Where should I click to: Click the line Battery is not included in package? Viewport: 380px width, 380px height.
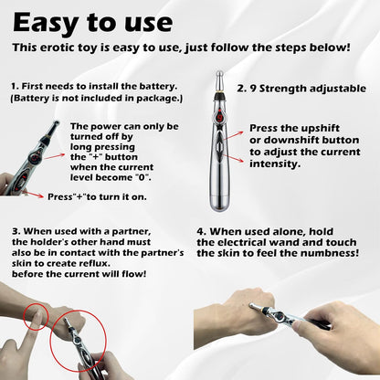point(96,97)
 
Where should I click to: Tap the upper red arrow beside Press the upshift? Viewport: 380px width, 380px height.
point(234,129)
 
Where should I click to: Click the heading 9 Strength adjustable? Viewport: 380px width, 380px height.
point(301,90)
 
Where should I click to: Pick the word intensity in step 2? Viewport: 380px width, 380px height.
point(275,164)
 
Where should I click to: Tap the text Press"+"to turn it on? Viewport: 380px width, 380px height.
point(98,196)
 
